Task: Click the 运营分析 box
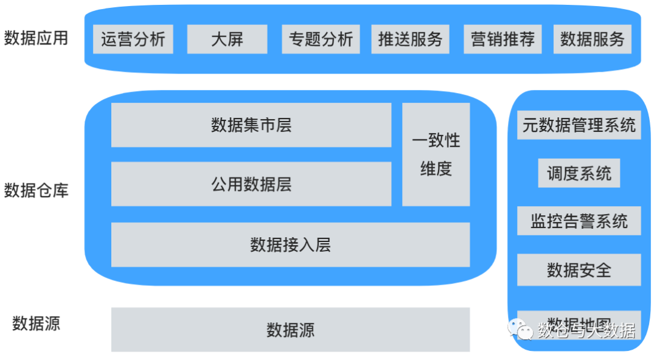click(x=133, y=40)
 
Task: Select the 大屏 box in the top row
click(x=227, y=40)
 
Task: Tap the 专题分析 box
click(x=321, y=40)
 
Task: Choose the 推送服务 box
click(x=410, y=40)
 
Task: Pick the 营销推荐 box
click(x=502, y=40)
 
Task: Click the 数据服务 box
click(x=592, y=40)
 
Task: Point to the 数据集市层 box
click(x=251, y=125)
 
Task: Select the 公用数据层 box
click(x=251, y=184)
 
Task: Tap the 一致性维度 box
click(x=436, y=154)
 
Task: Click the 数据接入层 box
click(x=290, y=244)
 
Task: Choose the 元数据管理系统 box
click(x=579, y=125)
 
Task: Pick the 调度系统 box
click(x=579, y=173)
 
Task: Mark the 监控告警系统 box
click(x=579, y=221)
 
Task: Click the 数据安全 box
click(x=579, y=269)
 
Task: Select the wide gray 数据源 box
click(x=290, y=330)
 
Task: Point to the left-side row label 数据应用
click(x=36, y=38)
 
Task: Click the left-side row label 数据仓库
click(x=36, y=190)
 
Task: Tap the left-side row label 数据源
click(x=36, y=323)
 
